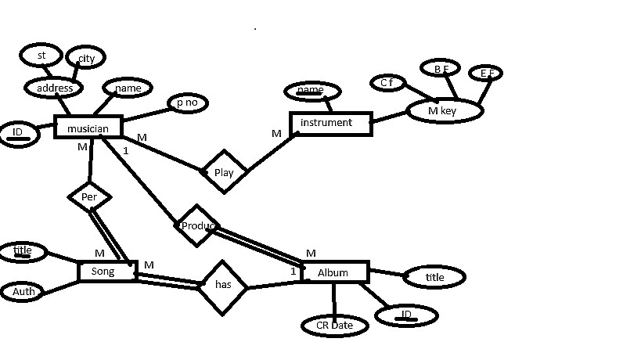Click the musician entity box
88,127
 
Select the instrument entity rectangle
330,123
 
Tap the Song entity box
108,272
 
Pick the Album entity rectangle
334,272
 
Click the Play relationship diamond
224,172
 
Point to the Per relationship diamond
89,197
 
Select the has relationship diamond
223,286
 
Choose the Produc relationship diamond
196,226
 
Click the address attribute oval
54,88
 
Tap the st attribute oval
41,56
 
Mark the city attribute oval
85,59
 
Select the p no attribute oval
187,103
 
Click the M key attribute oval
444,111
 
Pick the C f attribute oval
387,82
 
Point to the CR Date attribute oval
335,326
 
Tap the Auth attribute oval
23,292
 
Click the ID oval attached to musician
17,133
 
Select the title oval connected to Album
434,277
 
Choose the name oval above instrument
310,92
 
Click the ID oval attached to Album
406,315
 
